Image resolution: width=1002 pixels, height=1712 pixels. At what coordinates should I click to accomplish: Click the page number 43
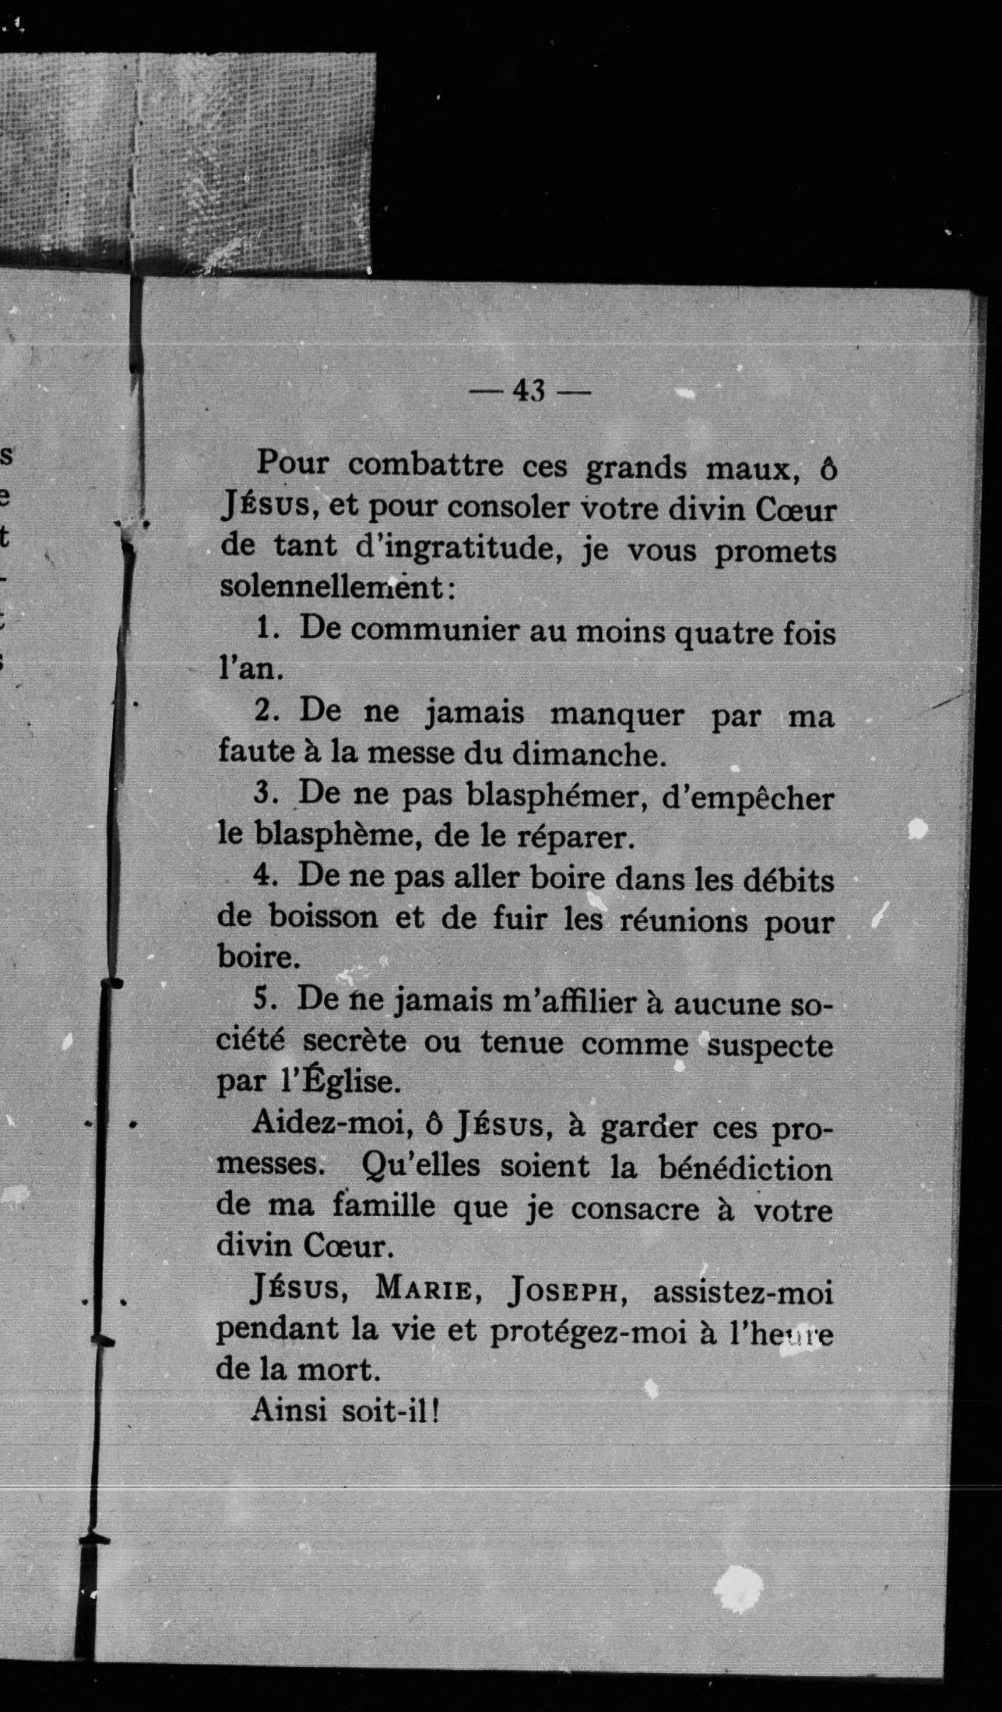529,390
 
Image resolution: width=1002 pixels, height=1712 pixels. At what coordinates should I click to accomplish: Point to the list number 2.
264,712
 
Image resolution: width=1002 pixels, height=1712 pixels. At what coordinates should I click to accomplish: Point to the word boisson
322,917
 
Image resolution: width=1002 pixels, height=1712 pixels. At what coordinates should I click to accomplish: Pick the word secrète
355,1041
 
